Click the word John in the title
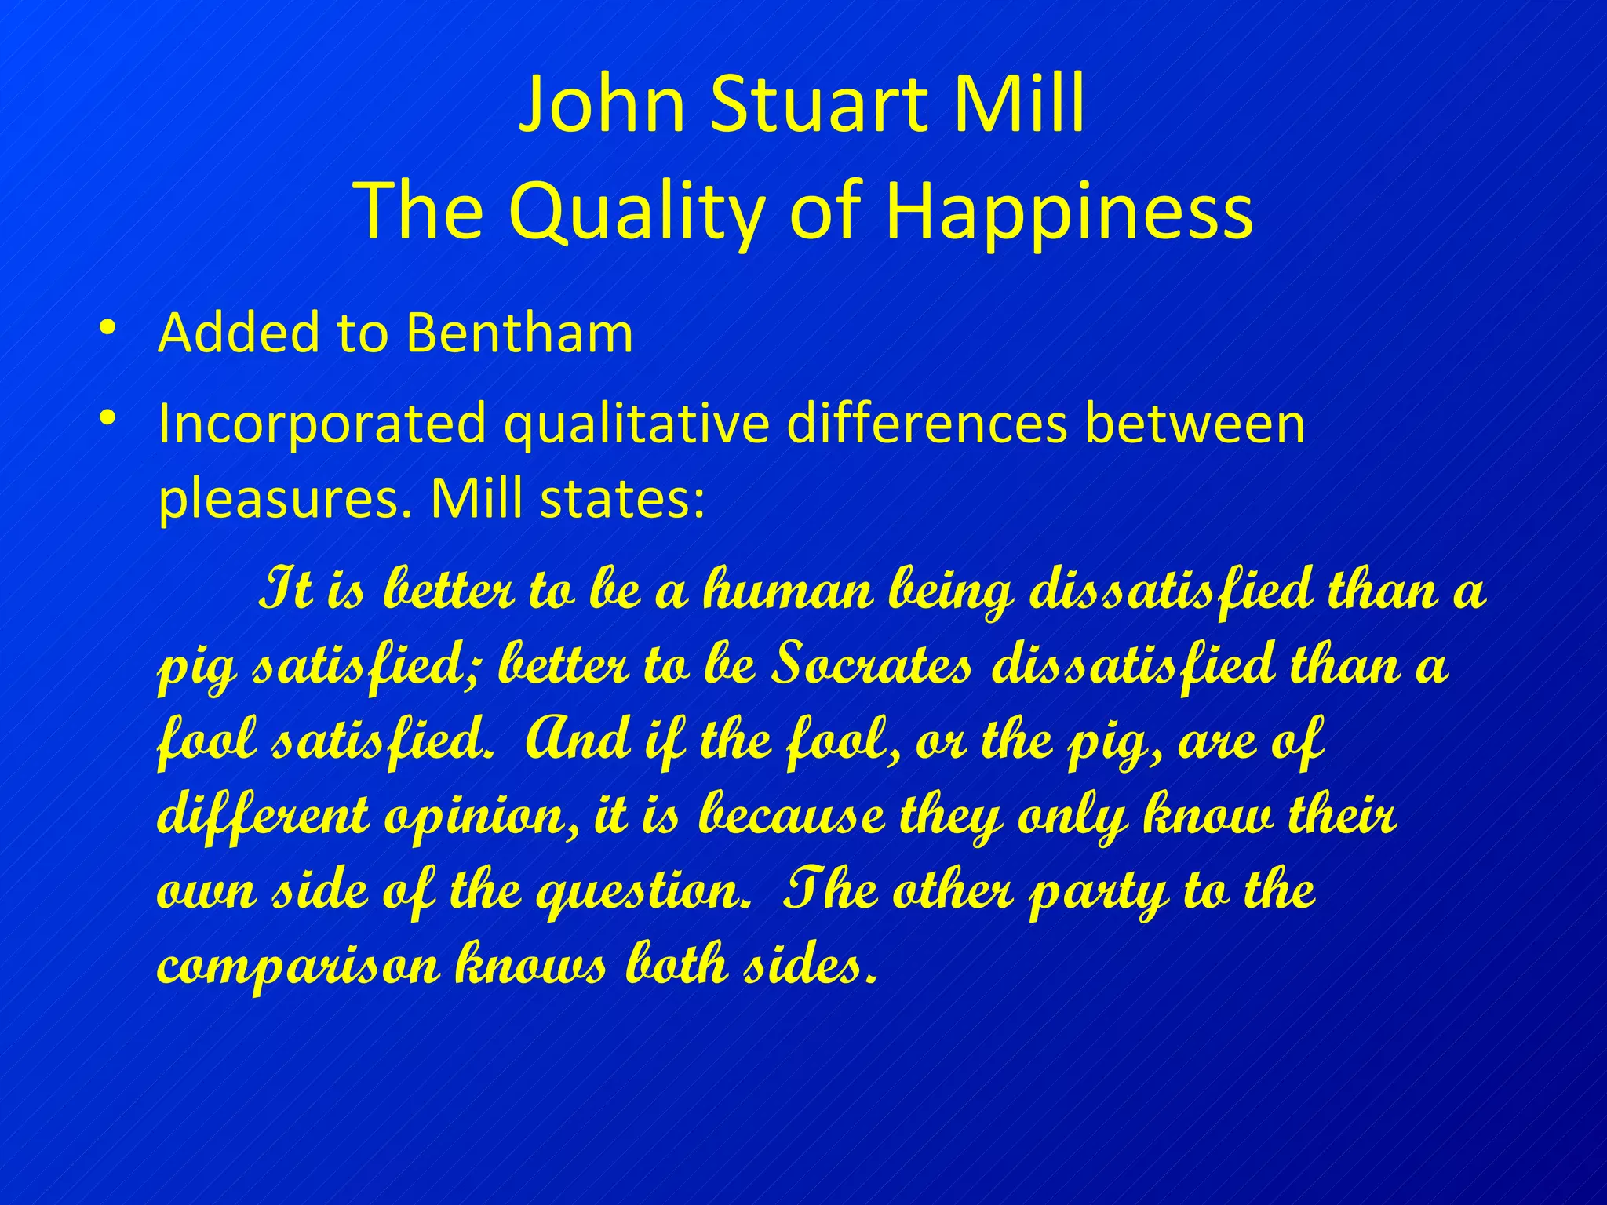pyautogui.click(x=602, y=104)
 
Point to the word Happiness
pyautogui.click(x=1069, y=210)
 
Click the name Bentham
pyautogui.click(x=519, y=333)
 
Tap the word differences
pyautogui.click(x=927, y=424)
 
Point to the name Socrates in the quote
pyautogui.click(x=872, y=665)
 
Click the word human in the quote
pyautogui.click(x=788, y=590)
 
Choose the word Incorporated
pyautogui.click(x=322, y=424)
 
